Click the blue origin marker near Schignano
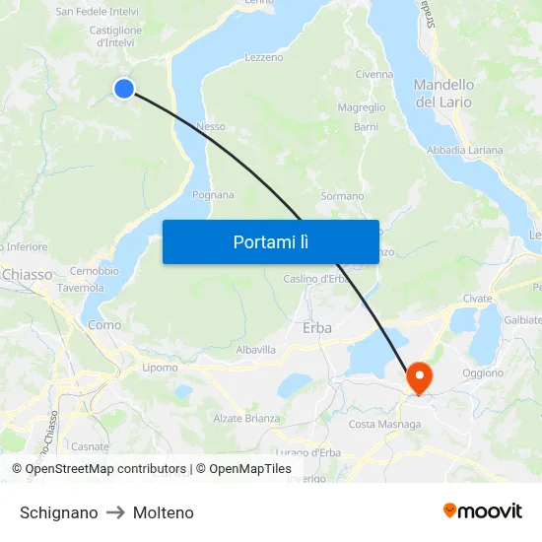(124, 89)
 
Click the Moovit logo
(482, 511)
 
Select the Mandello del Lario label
(443, 93)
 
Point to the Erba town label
(317, 328)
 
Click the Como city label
(105, 324)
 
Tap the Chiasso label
(28, 275)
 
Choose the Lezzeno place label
(263, 58)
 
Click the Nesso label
(211, 126)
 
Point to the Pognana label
(213, 195)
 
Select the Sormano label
(342, 196)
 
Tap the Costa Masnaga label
(384, 425)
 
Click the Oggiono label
(483, 373)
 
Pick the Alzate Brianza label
(246, 419)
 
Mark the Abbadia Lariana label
(464, 151)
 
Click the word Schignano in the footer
(59, 512)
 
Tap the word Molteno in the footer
(164, 512)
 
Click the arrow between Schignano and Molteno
(115, 512)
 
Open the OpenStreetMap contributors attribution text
(105, 469)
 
